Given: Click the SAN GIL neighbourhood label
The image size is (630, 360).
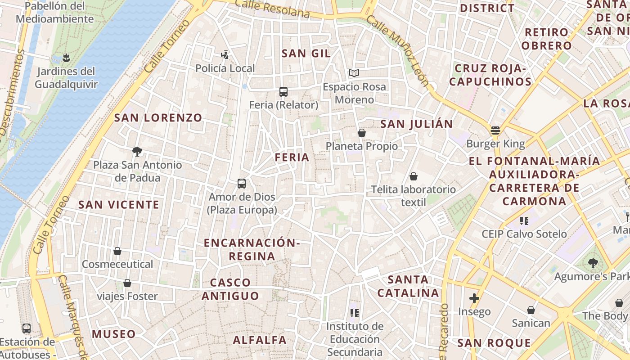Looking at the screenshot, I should (306, 54).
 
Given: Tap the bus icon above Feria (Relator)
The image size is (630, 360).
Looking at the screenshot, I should (283, 92).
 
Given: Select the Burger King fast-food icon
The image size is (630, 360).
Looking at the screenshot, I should (495, 131).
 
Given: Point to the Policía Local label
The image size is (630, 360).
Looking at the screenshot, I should (225, 68).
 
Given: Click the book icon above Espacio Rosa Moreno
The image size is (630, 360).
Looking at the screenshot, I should (354, 73).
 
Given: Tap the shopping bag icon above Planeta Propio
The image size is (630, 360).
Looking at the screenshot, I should (361, 133).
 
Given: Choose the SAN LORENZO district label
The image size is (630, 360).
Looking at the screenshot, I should (158, 118).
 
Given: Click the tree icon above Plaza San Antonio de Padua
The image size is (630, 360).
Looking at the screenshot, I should (137, 152).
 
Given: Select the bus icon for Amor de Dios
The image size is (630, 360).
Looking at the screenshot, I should (242, 184).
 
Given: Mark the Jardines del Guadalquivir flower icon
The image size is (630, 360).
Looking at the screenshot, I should (66, 58).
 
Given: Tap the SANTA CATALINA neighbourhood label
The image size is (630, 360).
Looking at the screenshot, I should (408, 286).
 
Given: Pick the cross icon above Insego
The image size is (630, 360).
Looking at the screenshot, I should (474, 298).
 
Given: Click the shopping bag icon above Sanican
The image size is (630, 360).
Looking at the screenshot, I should (531, 310).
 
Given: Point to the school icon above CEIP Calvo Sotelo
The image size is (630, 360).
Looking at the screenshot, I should (524, 220).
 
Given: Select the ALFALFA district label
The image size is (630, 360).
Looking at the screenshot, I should (260, 340).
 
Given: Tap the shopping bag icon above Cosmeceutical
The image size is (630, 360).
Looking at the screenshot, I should (117, 251).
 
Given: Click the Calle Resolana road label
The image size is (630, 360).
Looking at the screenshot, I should (272, 9).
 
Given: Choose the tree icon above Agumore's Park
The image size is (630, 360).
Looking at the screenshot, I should (593, 263).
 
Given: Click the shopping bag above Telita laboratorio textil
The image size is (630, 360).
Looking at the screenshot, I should (413, 176).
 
